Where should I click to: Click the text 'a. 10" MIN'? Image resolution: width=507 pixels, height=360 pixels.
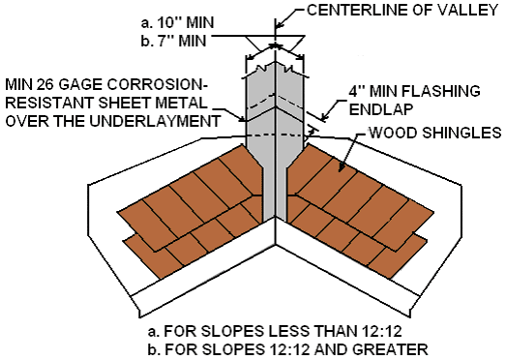tap(174, 19)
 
